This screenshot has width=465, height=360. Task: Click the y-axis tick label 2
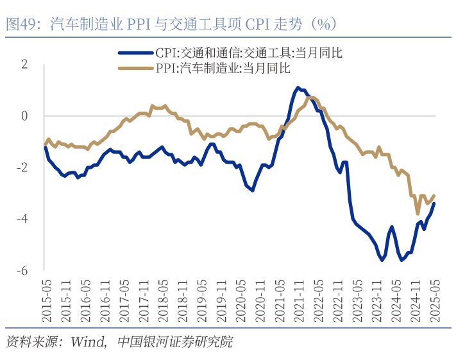[24, 64]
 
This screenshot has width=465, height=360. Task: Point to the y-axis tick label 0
[24, 116]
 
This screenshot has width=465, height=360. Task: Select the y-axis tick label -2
[22, 167]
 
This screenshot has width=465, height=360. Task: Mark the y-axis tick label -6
[22, 271]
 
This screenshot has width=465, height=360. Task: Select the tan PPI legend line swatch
[136, 67]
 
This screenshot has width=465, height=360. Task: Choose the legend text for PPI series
[223, 67]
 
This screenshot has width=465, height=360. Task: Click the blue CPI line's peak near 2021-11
[298, 87]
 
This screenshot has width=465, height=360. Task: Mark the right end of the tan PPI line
[434, 196]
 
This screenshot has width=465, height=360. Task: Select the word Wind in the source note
[87, 341]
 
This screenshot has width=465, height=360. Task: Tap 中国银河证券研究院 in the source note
[175, 341]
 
